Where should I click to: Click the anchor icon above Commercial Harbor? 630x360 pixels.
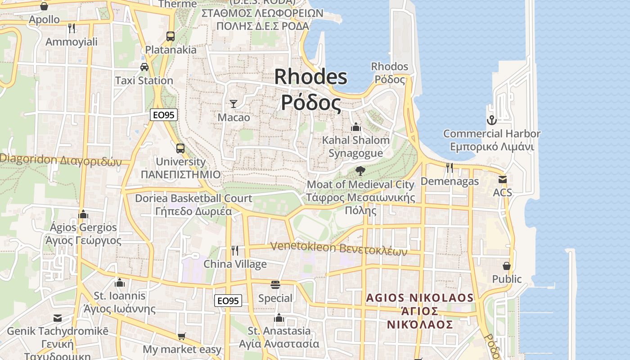click(491, 120)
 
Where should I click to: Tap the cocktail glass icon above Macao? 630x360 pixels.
click(233, 104)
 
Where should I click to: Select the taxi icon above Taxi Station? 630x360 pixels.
click(144, 67)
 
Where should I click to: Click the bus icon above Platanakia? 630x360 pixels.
click(170, 36)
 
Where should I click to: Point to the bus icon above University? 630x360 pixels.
click(180, 148)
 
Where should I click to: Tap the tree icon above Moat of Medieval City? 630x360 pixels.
click(360, 171)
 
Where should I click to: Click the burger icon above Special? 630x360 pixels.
click(275, 285)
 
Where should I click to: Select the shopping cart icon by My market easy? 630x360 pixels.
click(182, 336)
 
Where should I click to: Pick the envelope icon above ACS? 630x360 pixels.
click(502, 180)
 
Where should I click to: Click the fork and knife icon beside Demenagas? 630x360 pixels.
click(449, 168)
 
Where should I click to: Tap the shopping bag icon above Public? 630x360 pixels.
click(507, 266)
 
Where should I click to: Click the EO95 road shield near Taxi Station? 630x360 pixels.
click(163, 115)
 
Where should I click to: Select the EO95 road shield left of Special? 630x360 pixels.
click(228, 301)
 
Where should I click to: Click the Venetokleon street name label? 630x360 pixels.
click(338, 248)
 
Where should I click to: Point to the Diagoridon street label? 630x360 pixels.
click(61, 160)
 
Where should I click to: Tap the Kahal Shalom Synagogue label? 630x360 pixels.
click(355, 147)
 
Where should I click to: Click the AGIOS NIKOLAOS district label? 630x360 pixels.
click(420, 311)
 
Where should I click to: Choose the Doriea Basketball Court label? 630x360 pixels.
click(193, 205)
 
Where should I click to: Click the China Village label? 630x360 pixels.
click(235, 264)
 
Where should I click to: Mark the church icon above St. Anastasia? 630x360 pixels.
click(279, 318)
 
